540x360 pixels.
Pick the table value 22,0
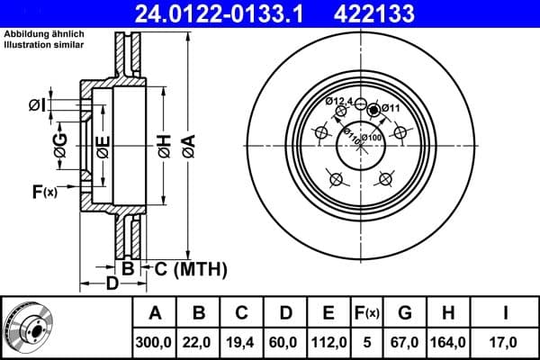click(x=199, y=342)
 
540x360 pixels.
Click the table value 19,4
click(x=242, y=342)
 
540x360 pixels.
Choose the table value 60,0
click(x=285, y=342)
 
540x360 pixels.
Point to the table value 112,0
click(x=328, y=342)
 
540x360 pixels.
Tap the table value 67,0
click(x=405, y=342)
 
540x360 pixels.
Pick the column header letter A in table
click(x=155, y=314)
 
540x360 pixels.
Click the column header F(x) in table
click(x=367, y=314)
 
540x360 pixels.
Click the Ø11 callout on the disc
click(x=390, y=108)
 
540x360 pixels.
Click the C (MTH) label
click(x=190, y=269)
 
